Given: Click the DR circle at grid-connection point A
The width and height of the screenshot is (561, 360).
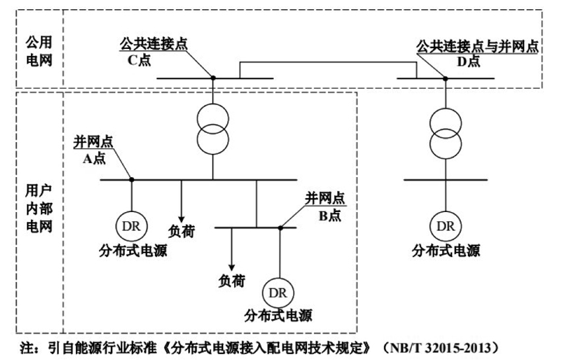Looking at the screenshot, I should [x=131, y=225].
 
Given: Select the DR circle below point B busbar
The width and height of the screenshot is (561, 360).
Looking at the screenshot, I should [x=278, y=292].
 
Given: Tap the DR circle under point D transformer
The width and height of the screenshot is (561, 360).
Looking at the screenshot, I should [x=445, y=226].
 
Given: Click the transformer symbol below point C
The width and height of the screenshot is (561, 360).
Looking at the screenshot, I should [x=213, y=128].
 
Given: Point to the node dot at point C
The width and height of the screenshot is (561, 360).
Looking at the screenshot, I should [x=213, y=78].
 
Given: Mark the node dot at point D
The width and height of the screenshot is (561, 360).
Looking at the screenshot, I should [x=445, y=78].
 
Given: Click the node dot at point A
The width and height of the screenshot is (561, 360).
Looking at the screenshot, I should [x=131, y=179].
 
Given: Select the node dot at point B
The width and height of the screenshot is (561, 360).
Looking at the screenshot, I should [x=280, y=228].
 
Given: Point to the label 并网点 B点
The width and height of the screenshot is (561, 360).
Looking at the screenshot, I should [x=323, y=206].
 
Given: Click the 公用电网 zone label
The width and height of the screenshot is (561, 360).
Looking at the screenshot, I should [x=39, y=50].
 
